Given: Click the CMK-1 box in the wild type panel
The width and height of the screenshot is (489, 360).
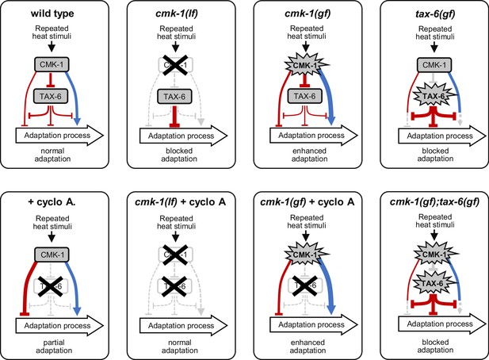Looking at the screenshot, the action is click(x=52, y=64).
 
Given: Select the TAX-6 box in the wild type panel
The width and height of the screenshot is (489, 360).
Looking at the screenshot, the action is click(x=51, y=97).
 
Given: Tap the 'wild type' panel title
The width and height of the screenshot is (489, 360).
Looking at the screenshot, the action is click(x=52, y=13).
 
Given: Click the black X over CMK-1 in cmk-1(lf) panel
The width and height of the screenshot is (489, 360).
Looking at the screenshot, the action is click(x=176, y=65).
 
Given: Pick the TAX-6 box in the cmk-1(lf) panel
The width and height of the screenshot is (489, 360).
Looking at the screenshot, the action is click(x=174, y=97).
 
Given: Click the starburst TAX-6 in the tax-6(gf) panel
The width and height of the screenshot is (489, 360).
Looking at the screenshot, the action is click(x=433, y=96).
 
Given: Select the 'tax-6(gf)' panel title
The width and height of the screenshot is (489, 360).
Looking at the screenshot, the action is click(x=435, y=14).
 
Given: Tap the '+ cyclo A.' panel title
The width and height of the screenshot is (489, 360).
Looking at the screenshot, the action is click(x=52, y=202).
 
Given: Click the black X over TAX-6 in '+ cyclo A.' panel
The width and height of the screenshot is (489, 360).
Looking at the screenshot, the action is click(x=51, y=285).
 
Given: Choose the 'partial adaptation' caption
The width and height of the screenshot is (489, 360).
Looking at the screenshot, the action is click(x=54, y=347).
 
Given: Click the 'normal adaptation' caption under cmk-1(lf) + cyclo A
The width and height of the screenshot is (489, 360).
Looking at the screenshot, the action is click(x=180, y=347).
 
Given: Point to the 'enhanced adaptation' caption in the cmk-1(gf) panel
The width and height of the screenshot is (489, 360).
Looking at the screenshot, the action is click(x=309, y=155).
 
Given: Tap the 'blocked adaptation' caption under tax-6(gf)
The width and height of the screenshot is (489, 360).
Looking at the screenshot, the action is click(x=435, y=155).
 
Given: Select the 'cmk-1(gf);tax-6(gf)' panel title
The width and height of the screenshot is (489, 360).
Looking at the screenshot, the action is click(x=434, y=202).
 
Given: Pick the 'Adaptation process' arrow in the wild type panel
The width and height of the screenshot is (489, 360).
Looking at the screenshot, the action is click(x=59, y=136).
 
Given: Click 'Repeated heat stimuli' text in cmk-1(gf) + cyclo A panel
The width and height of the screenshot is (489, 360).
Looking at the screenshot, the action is click(x=307, y=221).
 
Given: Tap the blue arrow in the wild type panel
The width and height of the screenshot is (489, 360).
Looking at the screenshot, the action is click(x=73, y=95).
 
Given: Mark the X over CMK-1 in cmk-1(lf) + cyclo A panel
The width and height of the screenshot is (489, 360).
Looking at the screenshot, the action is click(x=176, y=255).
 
